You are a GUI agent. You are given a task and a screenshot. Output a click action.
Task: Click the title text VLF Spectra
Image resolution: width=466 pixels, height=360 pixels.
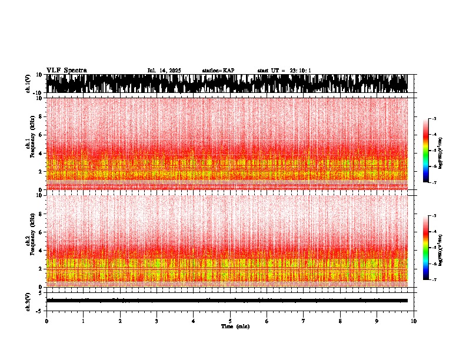click(66, 71)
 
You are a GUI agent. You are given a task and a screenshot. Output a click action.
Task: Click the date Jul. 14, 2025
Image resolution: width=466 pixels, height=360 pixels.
click(164, 71)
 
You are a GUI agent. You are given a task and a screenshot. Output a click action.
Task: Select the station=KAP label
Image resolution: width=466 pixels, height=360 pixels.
click(218, 71)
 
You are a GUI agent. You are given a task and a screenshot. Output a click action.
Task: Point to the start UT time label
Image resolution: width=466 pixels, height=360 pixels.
click(284, 71)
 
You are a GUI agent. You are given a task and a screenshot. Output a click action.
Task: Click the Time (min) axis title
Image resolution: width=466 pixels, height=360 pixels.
click(235, 326)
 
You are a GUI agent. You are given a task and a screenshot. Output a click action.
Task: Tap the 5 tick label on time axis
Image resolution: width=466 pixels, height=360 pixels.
click(230, 321)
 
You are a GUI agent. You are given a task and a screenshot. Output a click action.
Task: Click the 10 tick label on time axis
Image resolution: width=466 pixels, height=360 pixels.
click(414, 321)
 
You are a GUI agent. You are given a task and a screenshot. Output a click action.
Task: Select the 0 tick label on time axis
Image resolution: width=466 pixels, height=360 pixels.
click(46, 321)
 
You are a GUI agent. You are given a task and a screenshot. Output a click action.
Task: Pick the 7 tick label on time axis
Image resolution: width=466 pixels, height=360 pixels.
click(304, 321)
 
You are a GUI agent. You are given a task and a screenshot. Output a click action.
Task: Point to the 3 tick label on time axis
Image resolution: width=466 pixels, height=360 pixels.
click(157, 321)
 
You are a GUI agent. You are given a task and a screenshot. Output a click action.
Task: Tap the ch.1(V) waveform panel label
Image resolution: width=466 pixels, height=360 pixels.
click(28, 84)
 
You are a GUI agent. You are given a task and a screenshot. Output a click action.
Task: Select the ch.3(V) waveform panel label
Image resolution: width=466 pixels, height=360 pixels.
click(28, 301)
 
